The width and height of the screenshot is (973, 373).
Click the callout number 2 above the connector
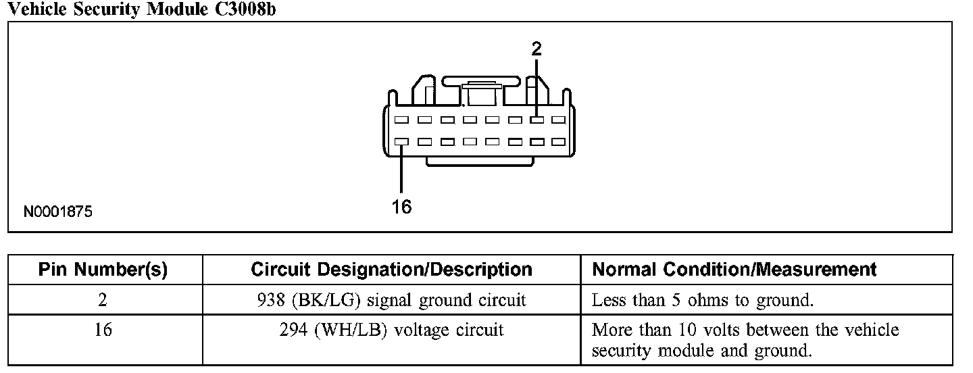click(537, 48)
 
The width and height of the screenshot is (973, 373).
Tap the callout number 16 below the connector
click(401, 207)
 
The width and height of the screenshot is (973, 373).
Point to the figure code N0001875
click(58, 212)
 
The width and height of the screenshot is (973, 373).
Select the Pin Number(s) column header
click(103, 270)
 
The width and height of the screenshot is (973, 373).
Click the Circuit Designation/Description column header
click(391, 270)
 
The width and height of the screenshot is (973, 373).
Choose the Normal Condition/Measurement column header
click(734, 270)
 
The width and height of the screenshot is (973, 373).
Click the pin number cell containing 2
click(103, 301)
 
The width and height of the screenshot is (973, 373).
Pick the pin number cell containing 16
click(103, 330)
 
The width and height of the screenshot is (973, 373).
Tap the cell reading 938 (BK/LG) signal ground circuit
click(391, 301)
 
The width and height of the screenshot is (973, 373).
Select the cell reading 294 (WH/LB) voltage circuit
click(391, 330)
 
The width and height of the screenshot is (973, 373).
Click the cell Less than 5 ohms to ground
click(702, 301)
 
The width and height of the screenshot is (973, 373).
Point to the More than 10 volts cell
click(745, 341)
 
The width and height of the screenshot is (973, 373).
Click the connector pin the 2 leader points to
click(537, 120)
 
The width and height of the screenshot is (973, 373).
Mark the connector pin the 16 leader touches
click(401, 142)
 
